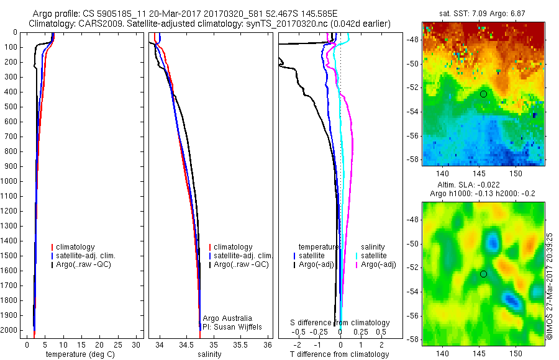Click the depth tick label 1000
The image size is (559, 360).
pyautogui.click(x=10, y=181)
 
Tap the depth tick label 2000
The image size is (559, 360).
pyautogui.click(x=10, y=331)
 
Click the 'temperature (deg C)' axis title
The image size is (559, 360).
pyautogui.click(x=78, y=354)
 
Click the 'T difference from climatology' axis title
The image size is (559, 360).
pyautogui.click(x=339, y=354)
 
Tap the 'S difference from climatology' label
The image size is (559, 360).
pyautogui.click(x=340, y=323)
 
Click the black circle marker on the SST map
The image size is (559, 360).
pyautogui.click(x=483, y=94)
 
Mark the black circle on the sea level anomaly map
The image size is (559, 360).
pyautogui.click(x=483, y=274)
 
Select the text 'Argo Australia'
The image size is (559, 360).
pyautogui.click(x=228, y=317)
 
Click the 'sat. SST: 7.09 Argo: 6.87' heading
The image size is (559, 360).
pyautogui.click(x=484, y=14)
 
